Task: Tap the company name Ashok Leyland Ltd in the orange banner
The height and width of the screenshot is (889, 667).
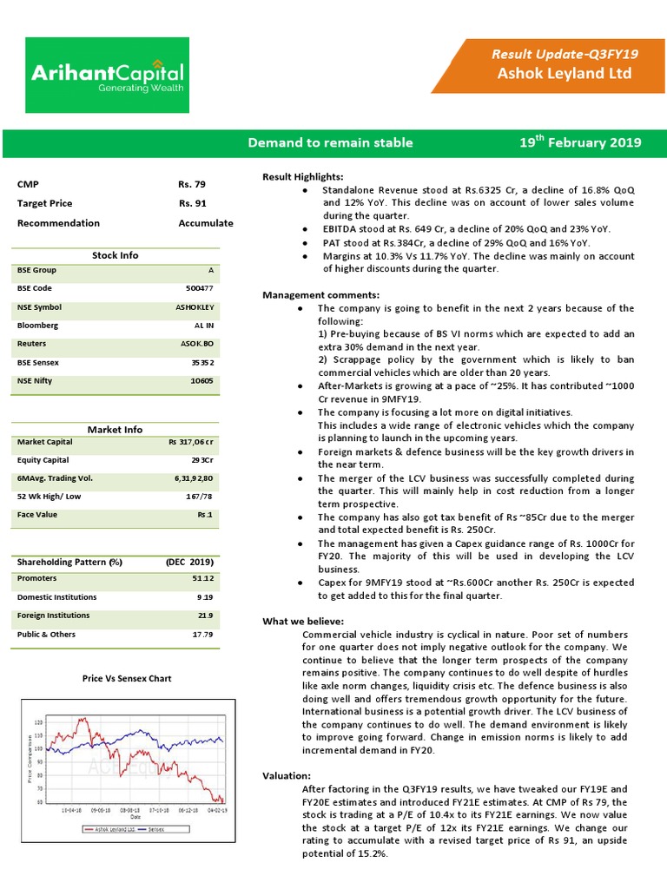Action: tap(564, 74)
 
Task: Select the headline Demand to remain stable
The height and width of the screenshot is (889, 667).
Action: tap(330, 142)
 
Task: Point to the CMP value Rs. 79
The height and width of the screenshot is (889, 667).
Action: tap(192, 184)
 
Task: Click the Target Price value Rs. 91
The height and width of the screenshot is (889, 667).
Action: tap(192, 203)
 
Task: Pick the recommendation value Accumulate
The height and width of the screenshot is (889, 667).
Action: tap(206, 223)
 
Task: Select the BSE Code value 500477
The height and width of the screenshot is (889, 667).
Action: tap(200, 288)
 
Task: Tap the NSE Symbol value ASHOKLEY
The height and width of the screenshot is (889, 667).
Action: tap(195, 307)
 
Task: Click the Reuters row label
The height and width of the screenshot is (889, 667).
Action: tap(32, 344)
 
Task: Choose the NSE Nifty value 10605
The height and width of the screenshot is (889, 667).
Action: tap(201, 380)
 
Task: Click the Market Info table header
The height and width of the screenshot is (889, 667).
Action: tap(115, 430)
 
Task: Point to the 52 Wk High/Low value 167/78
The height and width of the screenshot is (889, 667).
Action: tap(199, 497)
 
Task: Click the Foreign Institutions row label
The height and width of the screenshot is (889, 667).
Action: tap(53, 616)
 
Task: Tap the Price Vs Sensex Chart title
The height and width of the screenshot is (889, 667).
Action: tap(127, 678)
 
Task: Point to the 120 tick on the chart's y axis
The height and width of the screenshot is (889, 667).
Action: tap(37, 722)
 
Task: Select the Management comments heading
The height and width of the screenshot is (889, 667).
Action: tap(320, 295)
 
